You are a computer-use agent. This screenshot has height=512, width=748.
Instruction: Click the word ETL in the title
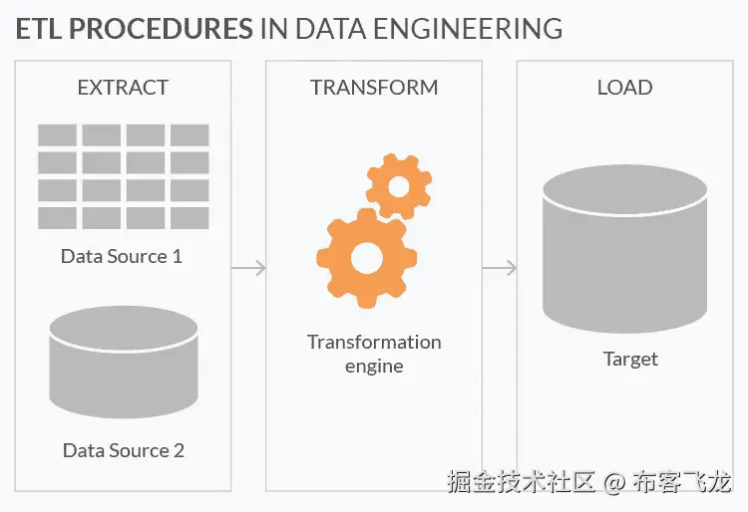click(39, 29)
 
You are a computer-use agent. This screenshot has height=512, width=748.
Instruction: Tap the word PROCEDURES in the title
click(162, 29)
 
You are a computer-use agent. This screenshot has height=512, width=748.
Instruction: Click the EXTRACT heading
click(123, 88)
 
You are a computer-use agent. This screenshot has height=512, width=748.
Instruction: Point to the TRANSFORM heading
click(374, 88)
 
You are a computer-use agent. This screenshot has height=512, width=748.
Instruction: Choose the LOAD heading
click(625, 88)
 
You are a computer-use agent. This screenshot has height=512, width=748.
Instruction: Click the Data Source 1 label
click(122, 256)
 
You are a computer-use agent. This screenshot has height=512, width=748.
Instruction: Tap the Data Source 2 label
click(124, 450)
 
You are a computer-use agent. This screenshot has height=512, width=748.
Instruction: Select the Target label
click(630, 360)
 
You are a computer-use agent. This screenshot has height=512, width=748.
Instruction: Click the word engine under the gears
click(374, 367)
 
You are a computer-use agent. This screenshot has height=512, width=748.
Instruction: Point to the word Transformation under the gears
click(374, 342)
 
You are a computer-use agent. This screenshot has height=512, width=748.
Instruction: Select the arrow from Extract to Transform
click(248, 268)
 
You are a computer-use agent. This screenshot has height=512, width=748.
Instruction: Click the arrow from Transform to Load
click(500, 268)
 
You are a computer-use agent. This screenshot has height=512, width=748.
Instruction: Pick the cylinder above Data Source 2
click(124, 362)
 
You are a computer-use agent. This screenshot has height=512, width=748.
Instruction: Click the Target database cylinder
click(625, 249)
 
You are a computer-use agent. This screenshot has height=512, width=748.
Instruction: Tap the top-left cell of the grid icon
click(57, 134)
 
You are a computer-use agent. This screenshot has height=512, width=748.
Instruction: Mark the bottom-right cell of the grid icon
click(189, 218)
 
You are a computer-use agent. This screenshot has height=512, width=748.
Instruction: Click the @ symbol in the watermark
click(614, 482)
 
